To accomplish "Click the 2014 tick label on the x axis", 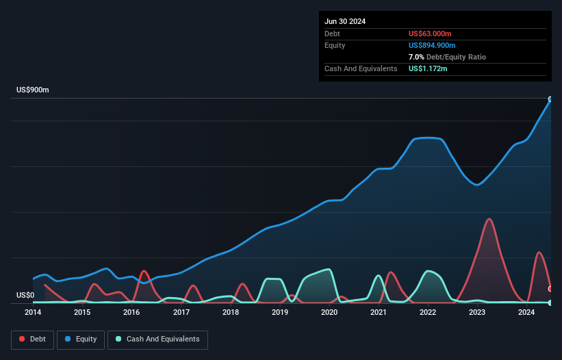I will pyautogui.click(x=33, y=313).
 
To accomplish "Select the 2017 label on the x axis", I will pyautogui.click(x=181, y=313).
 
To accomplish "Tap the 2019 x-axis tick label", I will pyautogui.click(x=280, y=313).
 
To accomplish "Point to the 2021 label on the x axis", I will pyautogui.click(x=379, y=313).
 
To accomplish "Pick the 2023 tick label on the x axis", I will pyautogui.click(x=477, y=313).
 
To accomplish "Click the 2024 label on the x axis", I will pyautogui.click(x=526, y=313).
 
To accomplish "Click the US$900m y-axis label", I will pyautogui.click(x=33, y=90).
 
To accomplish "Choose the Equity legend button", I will pyautogui.click(x=81, y=339).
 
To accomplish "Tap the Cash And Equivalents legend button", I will pyautogui.click(x=157, y=339).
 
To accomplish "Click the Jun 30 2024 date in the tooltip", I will pyautogui.click(x=345, y=21).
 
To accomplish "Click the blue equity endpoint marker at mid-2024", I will pyautogui.click(x=550, y=99).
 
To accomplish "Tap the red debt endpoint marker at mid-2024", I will pyautogui.click(x=550, y=289).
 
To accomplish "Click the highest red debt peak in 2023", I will pyautogui.click(x=489, y=219).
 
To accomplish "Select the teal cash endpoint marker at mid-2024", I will pyautogui.click(x=550, y=303).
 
